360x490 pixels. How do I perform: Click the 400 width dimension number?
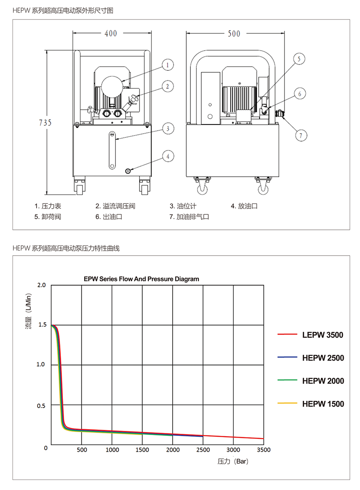click(111, 33)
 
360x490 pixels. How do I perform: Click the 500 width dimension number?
click(234, 34)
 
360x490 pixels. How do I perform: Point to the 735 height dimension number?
click(45, 122)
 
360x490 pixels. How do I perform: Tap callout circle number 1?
click(167, 65)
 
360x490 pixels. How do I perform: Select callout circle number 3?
click(168, 129)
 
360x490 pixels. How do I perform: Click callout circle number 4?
click(168, 156)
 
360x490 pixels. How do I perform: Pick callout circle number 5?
click(299, 59)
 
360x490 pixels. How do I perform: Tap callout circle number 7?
click(301, 135)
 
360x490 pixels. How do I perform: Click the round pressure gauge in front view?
click(112, 86)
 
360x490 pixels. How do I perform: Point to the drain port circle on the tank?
click(127, 171)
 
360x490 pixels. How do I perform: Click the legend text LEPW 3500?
click(322, 335)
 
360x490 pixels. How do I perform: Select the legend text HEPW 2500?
click(323, 358)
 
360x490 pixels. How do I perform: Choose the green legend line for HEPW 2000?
click(287, 380)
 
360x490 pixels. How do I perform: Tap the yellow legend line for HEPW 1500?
click(287, 403)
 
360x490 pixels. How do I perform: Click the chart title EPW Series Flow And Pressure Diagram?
click(141, 279)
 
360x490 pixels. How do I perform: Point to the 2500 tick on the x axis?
click(203, 450)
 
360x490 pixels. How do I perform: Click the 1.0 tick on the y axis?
click(41, 364)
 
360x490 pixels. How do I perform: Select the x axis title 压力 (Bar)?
click(233, 461)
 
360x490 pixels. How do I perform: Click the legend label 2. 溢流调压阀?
click(115, 206)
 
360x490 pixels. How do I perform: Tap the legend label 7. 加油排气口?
click(189, 216)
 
